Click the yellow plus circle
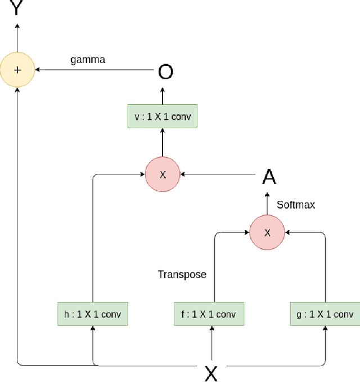tap(17, 70)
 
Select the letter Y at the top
tap(17, 8)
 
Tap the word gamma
tap(87, 60)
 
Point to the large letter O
tap(165, 72)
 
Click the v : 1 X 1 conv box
tap(163, 117)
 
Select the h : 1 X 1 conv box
tap(93, 314)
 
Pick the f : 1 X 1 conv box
tap(209, 314)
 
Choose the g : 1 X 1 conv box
tap(325, 314)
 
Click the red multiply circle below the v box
tap(163, 174)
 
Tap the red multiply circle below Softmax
tap(267, 232)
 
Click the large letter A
tap(269, 177)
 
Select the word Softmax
tap(295, 205)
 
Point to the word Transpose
tap(182, 275)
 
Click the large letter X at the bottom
tap(211, 372)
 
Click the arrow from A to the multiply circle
tap(219, 174)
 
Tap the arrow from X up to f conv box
tap(211, 343)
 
